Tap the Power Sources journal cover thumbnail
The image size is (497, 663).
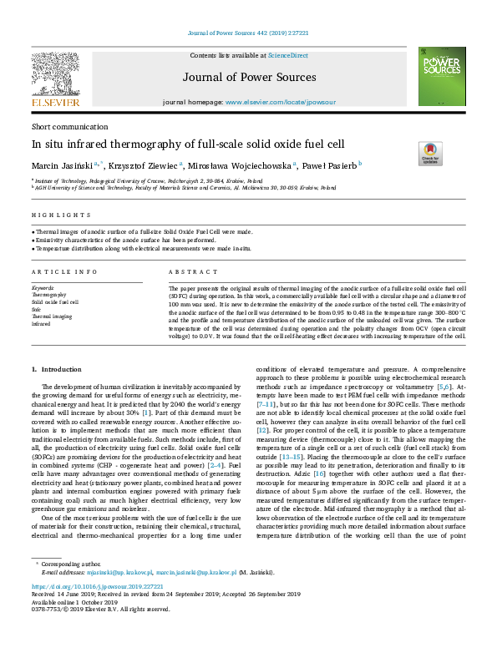click(442, 76)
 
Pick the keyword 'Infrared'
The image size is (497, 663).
click(41, 324)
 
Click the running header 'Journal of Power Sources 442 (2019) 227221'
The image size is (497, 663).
click(247, 34)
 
